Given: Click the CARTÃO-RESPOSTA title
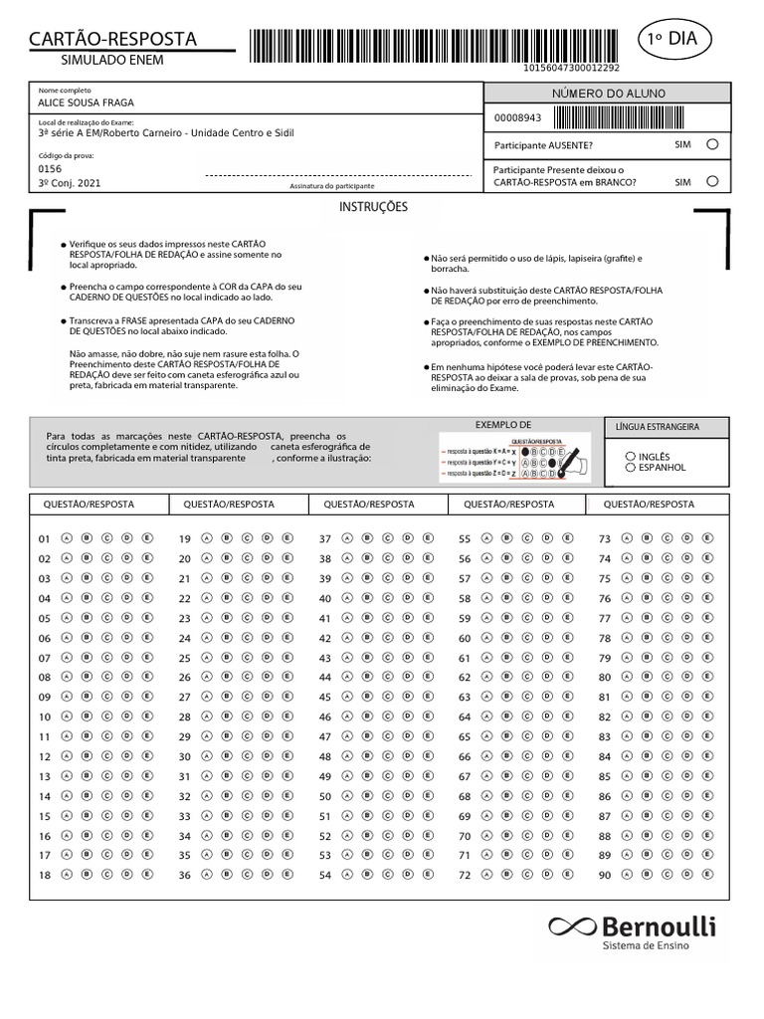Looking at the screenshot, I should [112, 39].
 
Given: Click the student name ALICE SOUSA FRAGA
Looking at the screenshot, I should [86, 102].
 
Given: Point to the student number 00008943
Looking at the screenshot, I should [518, 117].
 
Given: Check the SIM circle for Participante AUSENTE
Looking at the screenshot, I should [711, 144].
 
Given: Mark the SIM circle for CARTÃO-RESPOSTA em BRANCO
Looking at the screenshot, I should [711, 181].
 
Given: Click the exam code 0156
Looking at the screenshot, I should [50, 169].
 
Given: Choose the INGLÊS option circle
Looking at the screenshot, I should [630, 457].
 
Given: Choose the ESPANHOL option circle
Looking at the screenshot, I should [630, 467].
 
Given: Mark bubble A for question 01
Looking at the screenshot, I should [67, 538].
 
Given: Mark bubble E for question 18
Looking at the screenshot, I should [147, 875].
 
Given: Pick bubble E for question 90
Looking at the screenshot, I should [707, 875].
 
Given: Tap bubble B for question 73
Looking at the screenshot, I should [647, 538].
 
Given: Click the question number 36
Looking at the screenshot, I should [184, 876].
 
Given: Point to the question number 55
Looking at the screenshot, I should [465, 539].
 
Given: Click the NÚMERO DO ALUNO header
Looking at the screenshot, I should [608, 94].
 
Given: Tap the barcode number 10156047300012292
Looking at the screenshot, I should [571, 68].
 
